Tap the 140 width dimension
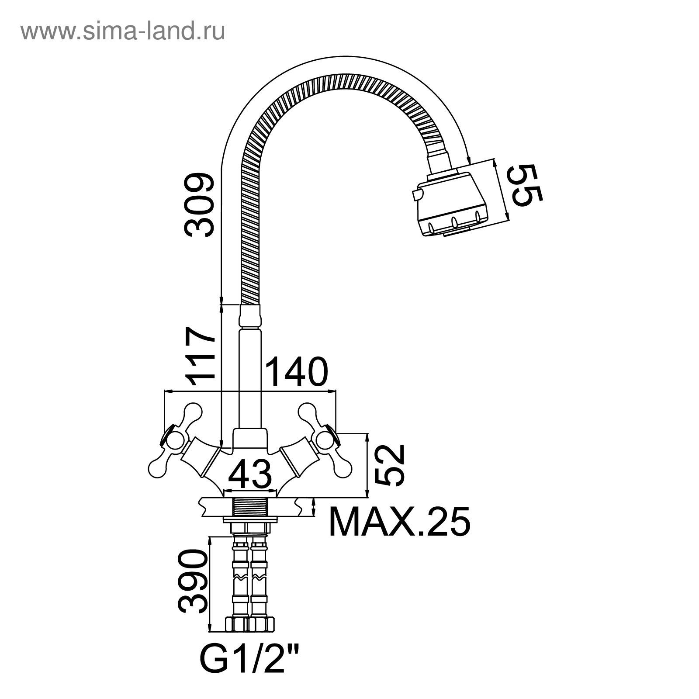point(297,372)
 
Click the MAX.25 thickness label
point(399,522)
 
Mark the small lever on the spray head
point(416,194)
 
